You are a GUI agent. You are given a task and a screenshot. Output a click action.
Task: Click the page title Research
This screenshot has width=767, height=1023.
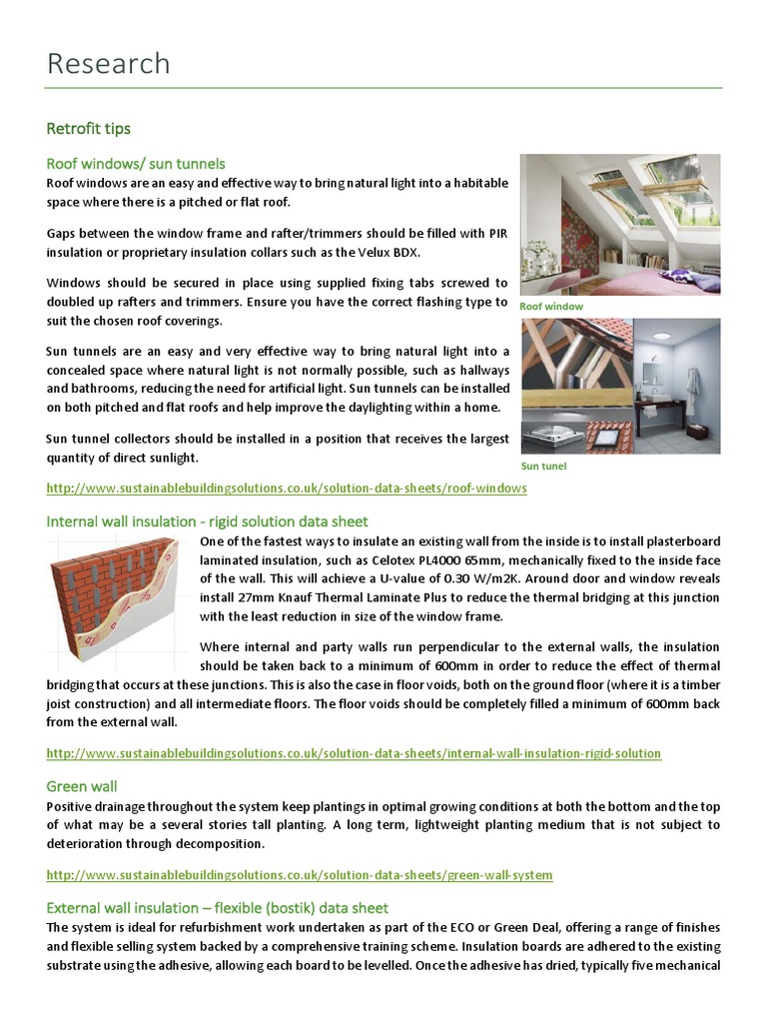[109, 64]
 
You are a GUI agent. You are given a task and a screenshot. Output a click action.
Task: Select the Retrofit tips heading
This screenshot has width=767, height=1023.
[89, 129]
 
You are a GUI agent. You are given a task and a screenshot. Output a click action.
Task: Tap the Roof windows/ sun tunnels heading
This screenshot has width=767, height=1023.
[136, 163]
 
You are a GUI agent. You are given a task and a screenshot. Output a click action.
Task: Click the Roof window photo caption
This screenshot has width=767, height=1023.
[551, 307]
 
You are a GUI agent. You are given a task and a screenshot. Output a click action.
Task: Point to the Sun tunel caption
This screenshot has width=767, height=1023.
[544, 467]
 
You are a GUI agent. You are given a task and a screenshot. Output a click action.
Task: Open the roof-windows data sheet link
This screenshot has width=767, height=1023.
[287, 489]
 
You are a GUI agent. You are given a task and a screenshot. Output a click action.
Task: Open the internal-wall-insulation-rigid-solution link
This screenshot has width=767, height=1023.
[354, 752]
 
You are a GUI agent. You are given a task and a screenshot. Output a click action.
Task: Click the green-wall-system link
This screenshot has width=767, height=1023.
[300, 875]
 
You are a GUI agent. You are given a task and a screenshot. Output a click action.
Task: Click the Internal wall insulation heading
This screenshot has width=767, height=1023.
[208, 521]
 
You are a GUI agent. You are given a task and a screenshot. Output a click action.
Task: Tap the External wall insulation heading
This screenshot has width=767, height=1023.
[218, 908]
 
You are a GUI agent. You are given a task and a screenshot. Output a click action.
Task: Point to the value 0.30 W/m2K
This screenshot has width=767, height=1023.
[498, 578]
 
